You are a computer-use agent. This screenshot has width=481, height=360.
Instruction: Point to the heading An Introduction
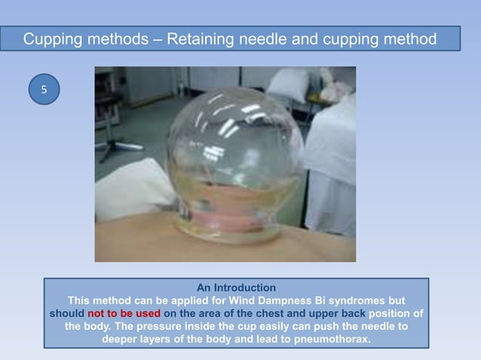pos(236,288)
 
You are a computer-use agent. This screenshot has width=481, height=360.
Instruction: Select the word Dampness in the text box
pos(281,301)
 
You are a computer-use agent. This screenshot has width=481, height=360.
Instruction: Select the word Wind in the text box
pos(236,301)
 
